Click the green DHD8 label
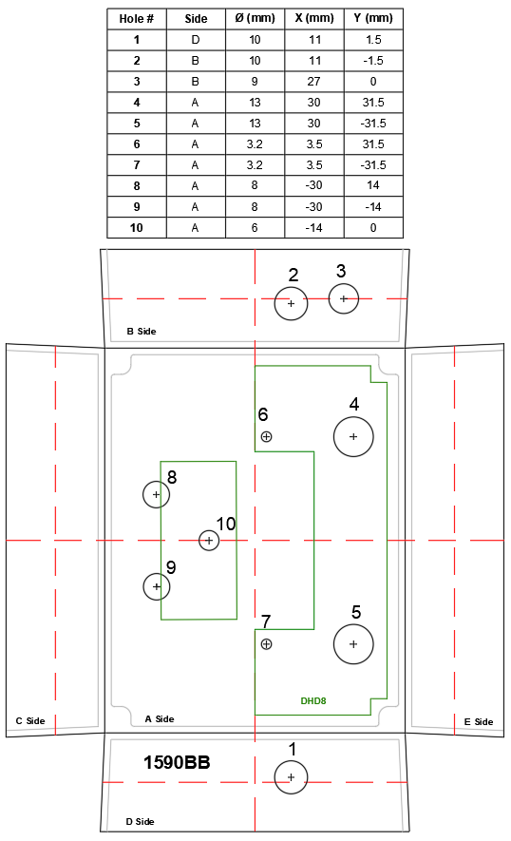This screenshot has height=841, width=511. coord(313,700)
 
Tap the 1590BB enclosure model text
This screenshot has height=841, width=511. coord(177,762)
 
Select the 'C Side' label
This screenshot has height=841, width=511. coord(30,721)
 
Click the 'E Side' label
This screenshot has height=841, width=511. coord(479,722)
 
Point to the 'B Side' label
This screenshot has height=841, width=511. coord(142,332)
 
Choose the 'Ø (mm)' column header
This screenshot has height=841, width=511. coord(255,18)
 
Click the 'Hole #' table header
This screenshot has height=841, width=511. coord(137,19)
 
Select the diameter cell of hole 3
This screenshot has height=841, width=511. coord(255,82)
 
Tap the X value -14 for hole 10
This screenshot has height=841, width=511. coord(314,228)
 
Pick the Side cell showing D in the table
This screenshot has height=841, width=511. coord(195,40)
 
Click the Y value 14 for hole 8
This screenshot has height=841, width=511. coord(373,185)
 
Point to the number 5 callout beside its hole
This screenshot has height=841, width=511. coord(356,612)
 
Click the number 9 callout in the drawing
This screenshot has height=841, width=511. coord(171,567)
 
